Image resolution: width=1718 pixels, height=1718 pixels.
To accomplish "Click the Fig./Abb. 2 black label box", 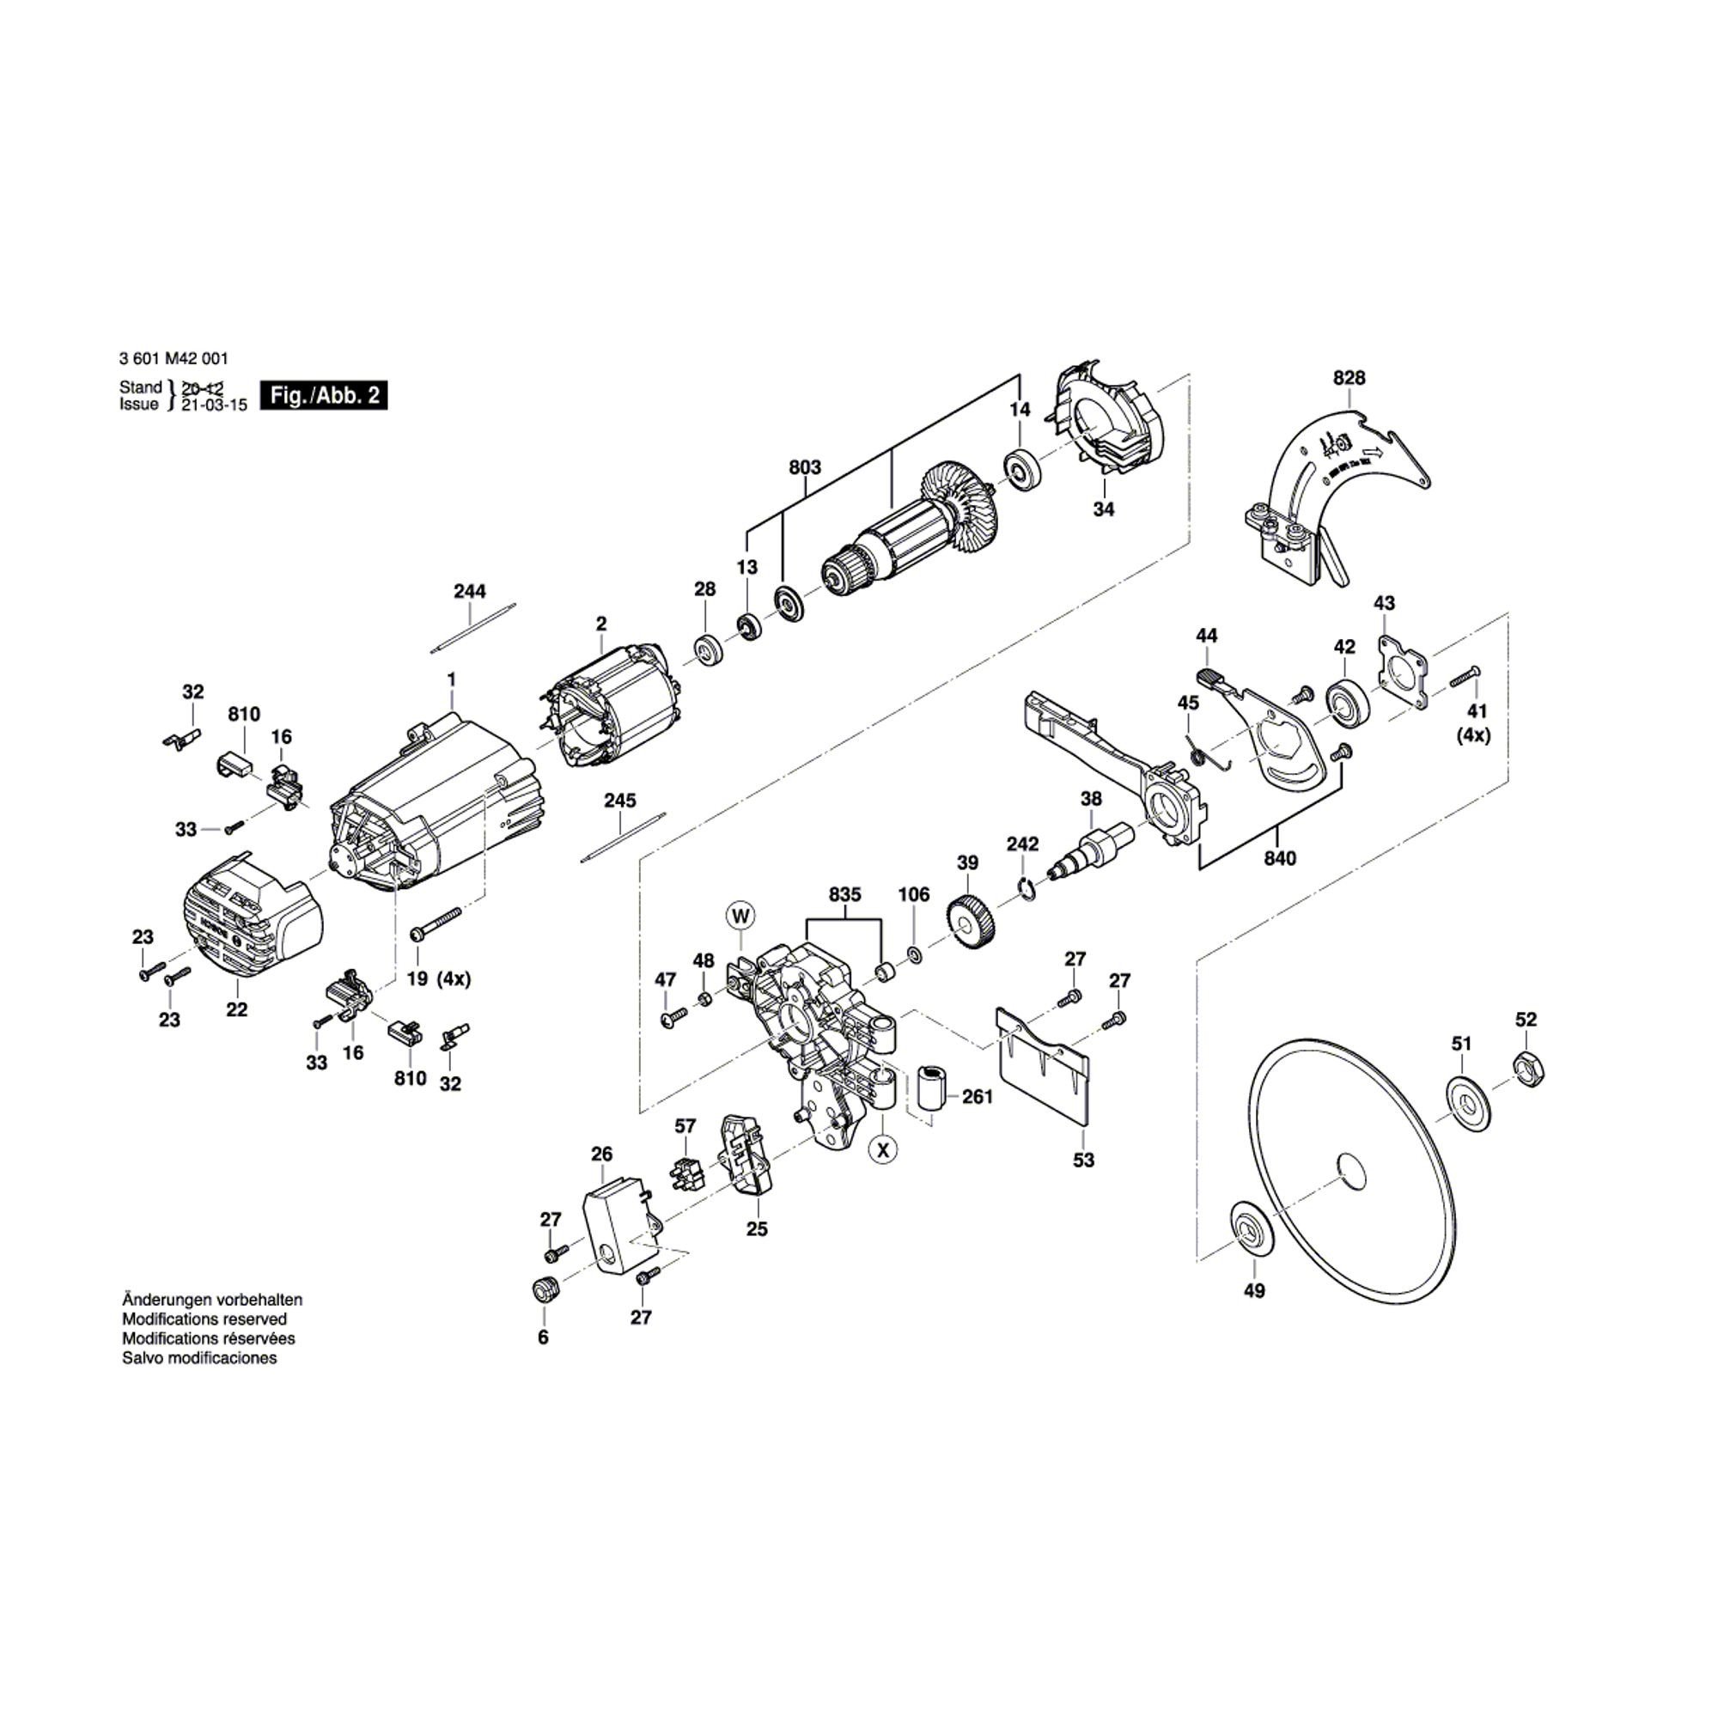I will (x=324, y=396).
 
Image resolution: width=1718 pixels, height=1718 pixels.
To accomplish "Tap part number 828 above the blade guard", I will (x=1348, y=378).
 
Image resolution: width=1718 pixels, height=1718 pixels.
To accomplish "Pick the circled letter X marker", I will (x=882, y=1150).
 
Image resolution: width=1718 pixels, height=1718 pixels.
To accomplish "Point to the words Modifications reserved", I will (x=204, y=1319).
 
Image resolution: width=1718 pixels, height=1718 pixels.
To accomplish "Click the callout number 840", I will (x=1280, y=858).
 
